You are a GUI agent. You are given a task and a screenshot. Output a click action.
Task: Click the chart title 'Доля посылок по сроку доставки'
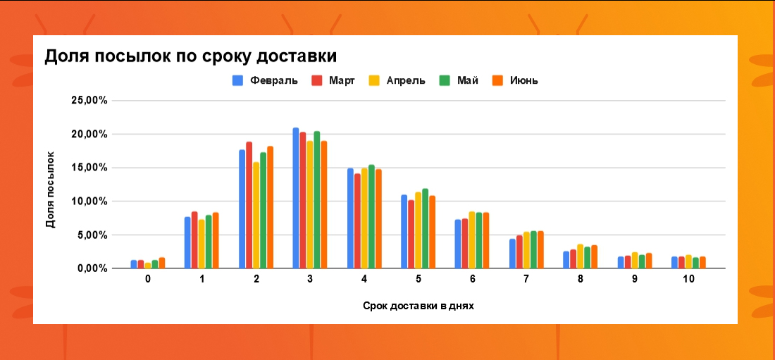click(x=190, y=57)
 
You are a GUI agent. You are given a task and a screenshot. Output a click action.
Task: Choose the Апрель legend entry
click(x=397, y=80)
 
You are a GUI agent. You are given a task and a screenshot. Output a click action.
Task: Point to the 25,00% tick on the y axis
click(x=89, y=101)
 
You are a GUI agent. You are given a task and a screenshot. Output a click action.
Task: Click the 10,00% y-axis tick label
click(x=89, y=201)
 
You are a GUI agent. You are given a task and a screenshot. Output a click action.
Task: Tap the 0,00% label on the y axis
click(x=92, y=268)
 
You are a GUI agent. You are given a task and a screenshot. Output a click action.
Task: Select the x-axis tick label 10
click(x=688, y=280)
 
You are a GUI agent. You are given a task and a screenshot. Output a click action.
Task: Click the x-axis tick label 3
click(x=310, y=280)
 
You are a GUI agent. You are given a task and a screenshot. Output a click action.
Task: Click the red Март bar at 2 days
click(x=249, y=205)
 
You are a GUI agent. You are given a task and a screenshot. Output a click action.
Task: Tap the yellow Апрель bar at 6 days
click(x=472, y=240)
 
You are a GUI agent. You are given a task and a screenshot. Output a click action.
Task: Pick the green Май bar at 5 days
click(x=425, y=228)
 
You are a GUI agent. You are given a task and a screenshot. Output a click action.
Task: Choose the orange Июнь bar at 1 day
click(x=216, y=240)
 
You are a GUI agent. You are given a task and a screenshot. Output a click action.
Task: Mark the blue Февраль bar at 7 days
click(x=512, y=254)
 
